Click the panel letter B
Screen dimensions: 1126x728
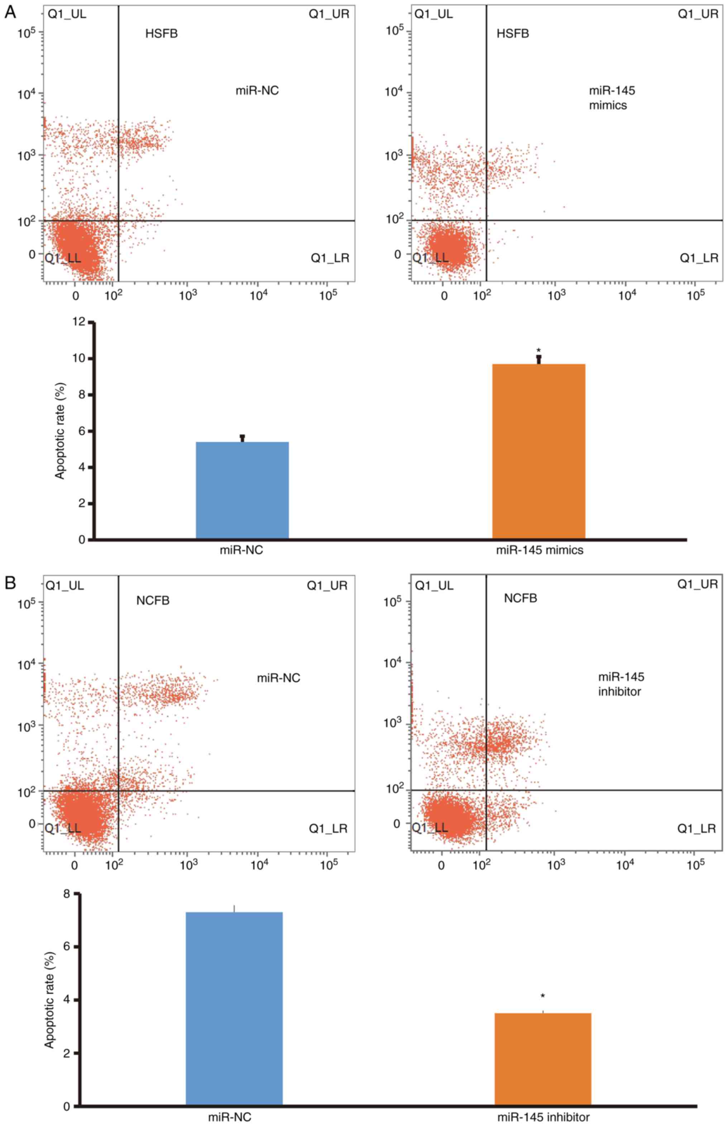[10, 583]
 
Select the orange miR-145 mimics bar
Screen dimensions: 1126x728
[538, 451]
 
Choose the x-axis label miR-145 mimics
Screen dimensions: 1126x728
[540, 550]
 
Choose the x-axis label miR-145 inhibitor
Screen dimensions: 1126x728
[543, 1117]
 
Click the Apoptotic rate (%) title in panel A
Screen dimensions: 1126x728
[59, 431]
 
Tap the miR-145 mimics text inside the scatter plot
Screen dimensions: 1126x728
[612, 98]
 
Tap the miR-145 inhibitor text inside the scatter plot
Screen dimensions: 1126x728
[621, 684]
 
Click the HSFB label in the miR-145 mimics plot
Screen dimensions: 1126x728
[512, 34]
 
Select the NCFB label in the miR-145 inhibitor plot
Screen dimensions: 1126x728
[521, 598]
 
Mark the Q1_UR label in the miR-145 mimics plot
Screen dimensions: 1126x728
[698, 14]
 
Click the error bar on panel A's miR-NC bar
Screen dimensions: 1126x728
[243, 438]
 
